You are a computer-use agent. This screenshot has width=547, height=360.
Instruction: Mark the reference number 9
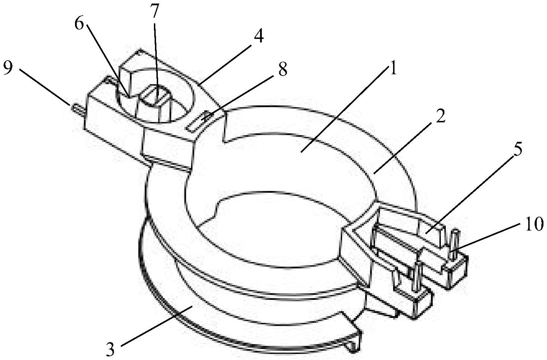coord(8,69)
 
